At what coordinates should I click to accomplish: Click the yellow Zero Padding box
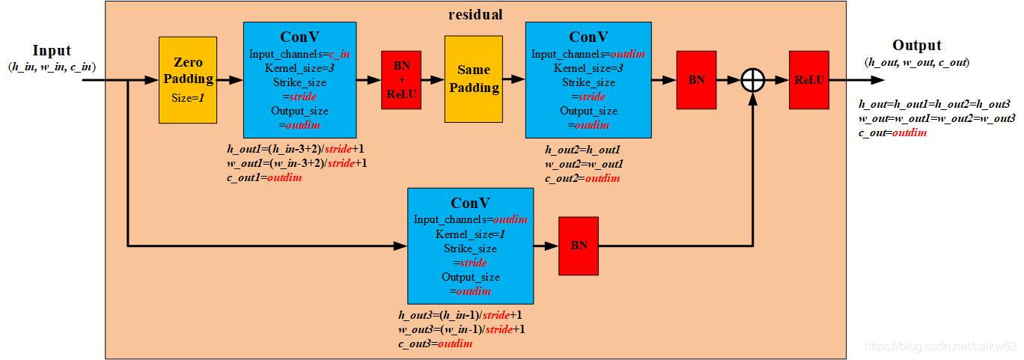[x=188, y=79]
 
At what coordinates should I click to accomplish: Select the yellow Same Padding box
[x=473, y=79]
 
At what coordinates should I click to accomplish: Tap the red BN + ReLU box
[x=401, y=79]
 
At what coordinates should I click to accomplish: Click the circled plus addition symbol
[x=752, y=80]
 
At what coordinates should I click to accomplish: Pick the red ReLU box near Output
[x=808, y=79]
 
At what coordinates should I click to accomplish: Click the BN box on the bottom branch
[x=579, y=245]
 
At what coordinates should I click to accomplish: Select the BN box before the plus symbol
[x=696, y=79]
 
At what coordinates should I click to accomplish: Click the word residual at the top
[x=475, y=14]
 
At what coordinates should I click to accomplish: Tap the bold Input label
[x=52, y=51]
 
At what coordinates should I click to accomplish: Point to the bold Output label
[x=917, y=46]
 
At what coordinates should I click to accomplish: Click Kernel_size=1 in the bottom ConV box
[x=470, y=234]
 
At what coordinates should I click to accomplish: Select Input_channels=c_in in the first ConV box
[x=299, y=53]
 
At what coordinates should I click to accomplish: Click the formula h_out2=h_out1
[x=584, y=150]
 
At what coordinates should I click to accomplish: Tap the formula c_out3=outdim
[x=435, y=344]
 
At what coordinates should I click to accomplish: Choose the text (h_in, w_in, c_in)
[x=52, y=67]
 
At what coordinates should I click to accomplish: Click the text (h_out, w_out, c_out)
[x=917, y=63]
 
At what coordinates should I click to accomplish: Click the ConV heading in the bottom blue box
[x=470, y=203]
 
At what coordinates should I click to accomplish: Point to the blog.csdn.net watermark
[x=940, y=347]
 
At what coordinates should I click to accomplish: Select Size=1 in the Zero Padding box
[x=188, y=97]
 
